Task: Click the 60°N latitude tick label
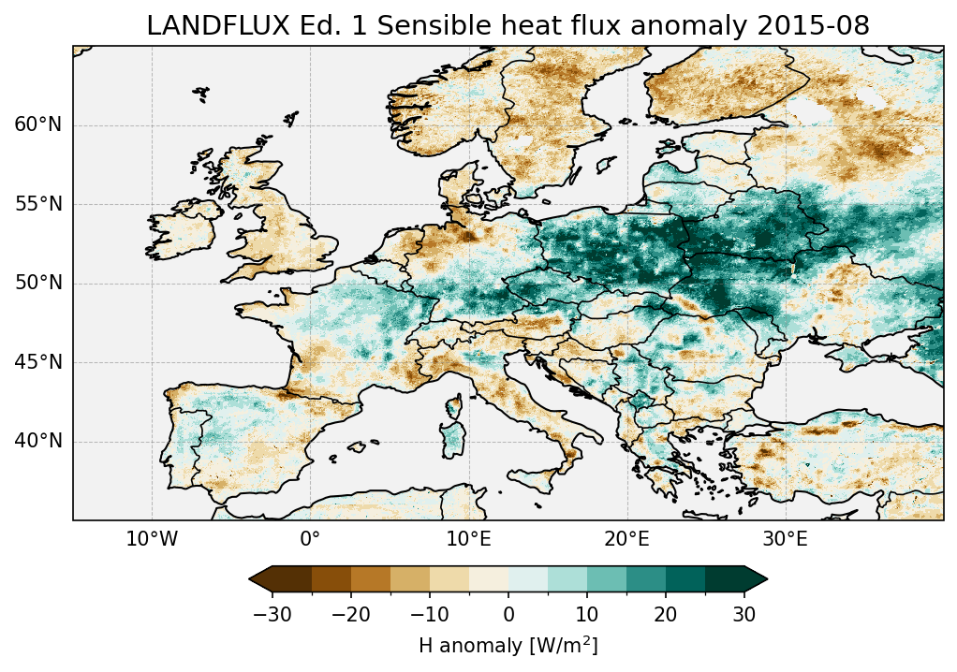pos(37,124)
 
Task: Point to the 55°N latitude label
pos(37,204)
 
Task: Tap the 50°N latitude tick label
pos(37,283)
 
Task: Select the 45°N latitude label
pos(37,362)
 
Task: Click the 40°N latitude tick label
pos(37,441)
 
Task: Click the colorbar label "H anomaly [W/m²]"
pos(508,646)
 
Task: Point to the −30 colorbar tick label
pos(272,615)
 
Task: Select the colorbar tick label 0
pos(508,615)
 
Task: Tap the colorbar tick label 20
pos(666,615)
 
